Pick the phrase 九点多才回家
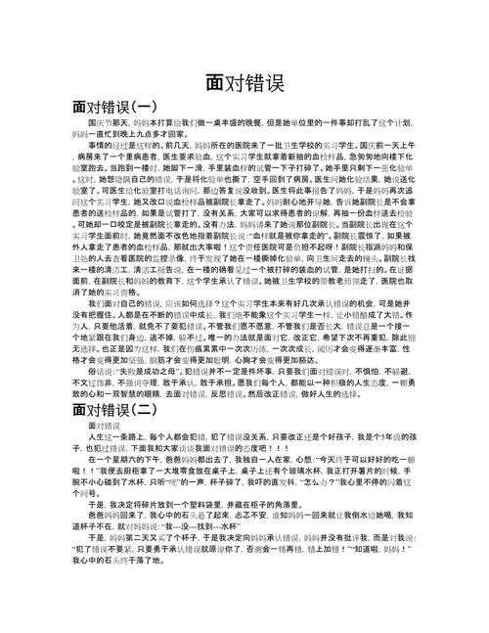point(152,133)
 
